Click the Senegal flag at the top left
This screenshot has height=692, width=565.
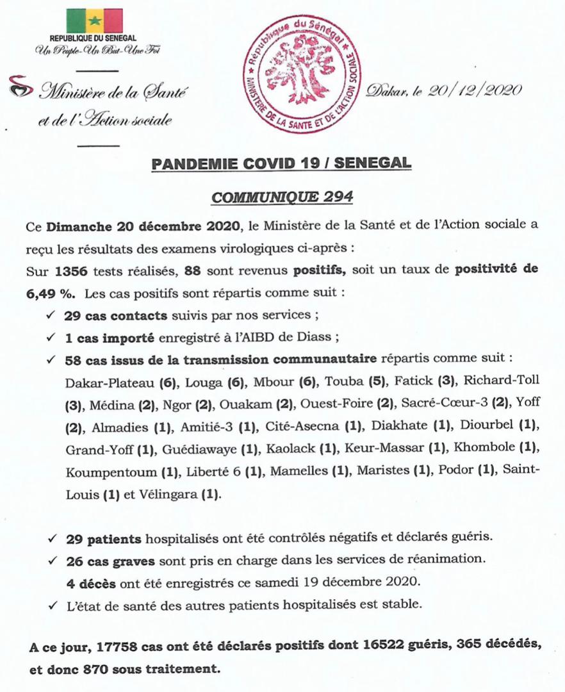tap(94, 21)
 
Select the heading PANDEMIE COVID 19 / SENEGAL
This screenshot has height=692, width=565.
tap(282, 165)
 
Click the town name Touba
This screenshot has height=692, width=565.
tap(344, 383)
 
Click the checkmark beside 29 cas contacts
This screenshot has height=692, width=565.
tap(51, 317)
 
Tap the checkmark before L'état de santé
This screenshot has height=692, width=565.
tap(51, 604)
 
